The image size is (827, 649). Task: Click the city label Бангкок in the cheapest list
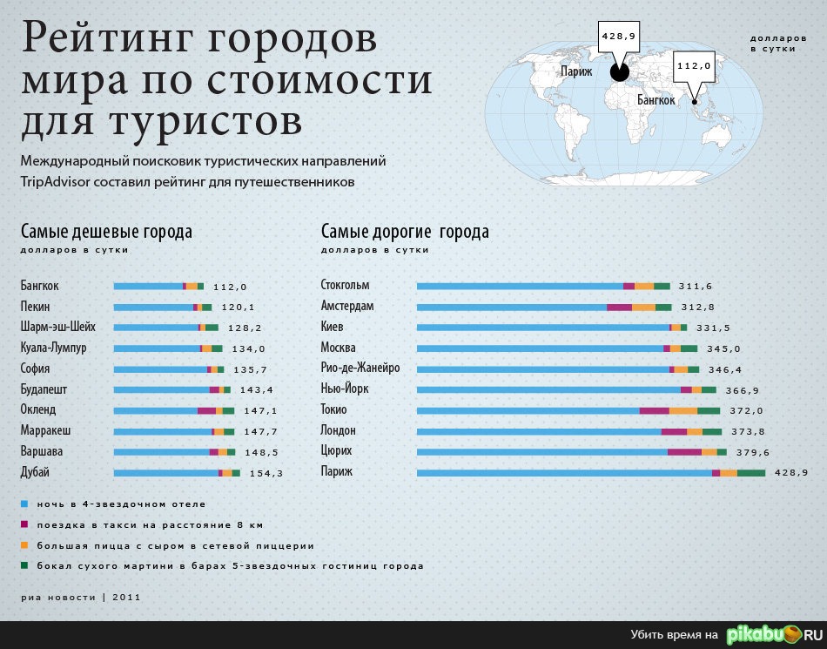(39, 286)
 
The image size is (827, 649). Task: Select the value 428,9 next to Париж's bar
(791, 472)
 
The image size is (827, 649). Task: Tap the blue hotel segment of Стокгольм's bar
(520, 286)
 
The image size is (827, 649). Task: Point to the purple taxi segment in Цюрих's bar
(684, 452)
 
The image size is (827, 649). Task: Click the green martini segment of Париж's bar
(751, 473)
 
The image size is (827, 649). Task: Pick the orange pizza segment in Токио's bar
(683, 410)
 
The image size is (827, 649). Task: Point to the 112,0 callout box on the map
(694, 66)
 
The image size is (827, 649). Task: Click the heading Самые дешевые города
(106, 232)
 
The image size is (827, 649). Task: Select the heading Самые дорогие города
(405, 232)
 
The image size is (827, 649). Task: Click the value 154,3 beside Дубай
(266, 473)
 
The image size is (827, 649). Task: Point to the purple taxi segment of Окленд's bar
(206, 410)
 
